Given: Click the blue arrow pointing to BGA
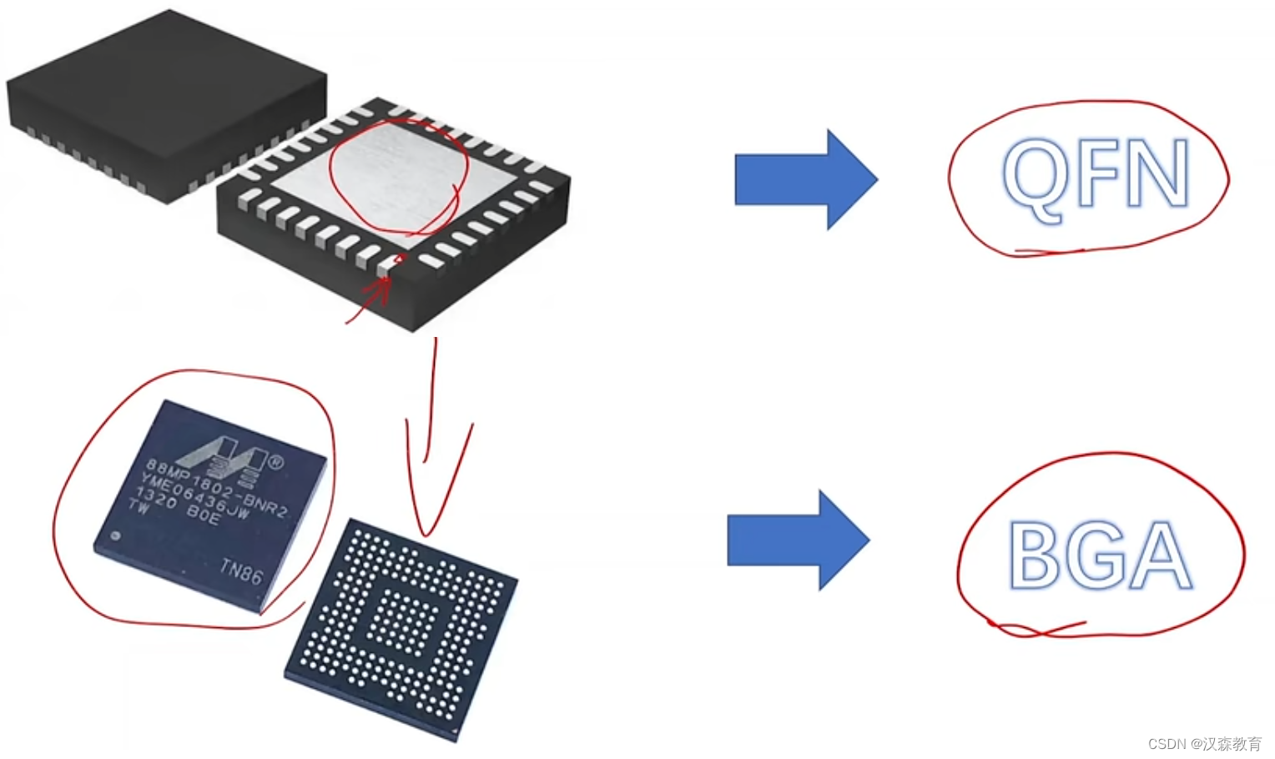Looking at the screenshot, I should click(x=798, y=540).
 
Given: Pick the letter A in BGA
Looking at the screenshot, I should click(x=1160, y=556).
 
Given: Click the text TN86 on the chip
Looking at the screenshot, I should click(x=240, y=571).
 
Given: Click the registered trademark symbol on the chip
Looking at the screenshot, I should click(x=275, y=461).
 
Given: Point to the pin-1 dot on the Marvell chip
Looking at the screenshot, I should click(x=115, y=535).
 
